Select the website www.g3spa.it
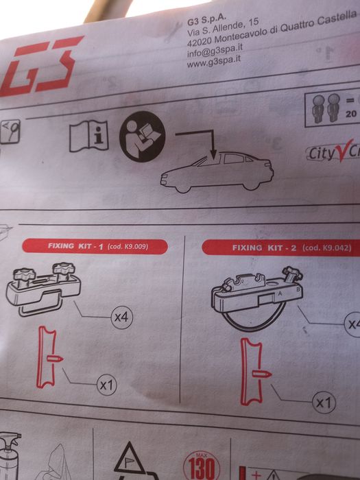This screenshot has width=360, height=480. tap(214, 62)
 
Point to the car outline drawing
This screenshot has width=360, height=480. tap(217, 171)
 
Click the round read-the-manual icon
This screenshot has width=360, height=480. tap(143, 136)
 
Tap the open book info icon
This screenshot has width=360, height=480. tap(89, 135)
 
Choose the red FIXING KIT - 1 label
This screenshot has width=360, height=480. tap(95, 245)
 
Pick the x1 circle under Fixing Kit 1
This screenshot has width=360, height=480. tap(106, 385)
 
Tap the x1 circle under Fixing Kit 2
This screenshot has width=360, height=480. tap(323, 403)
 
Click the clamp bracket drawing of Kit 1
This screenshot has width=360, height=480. tap(43, 288)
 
